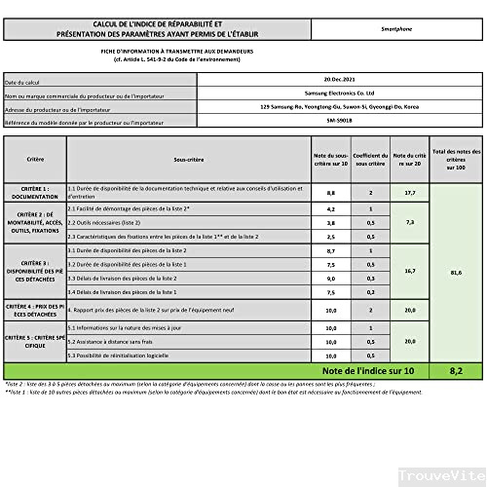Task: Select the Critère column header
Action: coord(35,158)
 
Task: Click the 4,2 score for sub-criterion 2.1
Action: coord(331,208)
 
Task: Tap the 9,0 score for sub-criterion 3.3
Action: coord(331,278)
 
